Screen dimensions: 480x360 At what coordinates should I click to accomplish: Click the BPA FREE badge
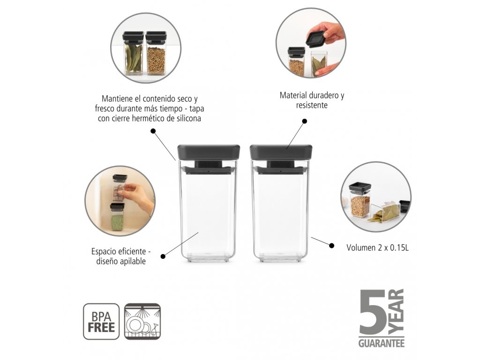[101, 322]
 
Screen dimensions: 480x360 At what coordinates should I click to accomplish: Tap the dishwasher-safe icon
[142, 322]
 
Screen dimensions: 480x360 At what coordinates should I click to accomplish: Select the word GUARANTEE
[382, 343]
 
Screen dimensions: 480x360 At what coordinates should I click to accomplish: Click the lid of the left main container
[209, 152]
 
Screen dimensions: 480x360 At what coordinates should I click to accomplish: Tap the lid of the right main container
[281, 152]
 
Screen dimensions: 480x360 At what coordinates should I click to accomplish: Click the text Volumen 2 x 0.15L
[377, 247]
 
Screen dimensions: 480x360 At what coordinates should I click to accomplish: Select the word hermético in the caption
[148, 119]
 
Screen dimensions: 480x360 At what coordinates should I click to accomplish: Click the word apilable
[133, 262]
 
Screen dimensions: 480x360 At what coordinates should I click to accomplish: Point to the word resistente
[312, 105]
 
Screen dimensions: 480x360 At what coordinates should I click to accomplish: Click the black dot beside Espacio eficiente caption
[163, 256]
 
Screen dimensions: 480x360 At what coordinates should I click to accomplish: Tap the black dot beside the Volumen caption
[331, 245]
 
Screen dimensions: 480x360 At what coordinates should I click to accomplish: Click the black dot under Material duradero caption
[304, 121]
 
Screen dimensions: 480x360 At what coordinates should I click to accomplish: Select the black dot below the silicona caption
[153, 131]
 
